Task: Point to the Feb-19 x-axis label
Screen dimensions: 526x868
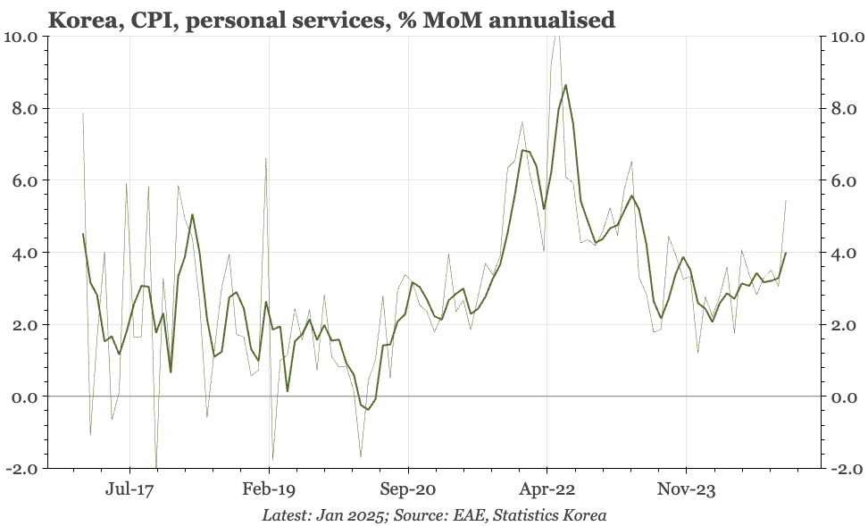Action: [269, 489]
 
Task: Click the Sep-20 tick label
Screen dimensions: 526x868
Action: [408, 489]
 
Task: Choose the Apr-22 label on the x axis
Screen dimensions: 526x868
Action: [547, 489]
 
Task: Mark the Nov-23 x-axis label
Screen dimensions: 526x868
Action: [686, 489]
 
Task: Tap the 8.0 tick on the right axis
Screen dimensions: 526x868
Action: [847, 109]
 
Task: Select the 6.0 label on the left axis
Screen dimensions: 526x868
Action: [23, 180]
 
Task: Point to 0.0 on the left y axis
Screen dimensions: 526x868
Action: [23, 397]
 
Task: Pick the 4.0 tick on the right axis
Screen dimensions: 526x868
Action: [847, 253]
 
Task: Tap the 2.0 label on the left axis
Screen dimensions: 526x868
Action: [23, 324]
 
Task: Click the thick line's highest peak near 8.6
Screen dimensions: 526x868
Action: [566, 86]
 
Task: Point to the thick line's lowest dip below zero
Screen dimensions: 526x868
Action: [368, 409]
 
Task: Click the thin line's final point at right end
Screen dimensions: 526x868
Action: [786, 201]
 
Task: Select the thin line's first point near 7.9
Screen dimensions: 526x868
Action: [83, 113]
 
